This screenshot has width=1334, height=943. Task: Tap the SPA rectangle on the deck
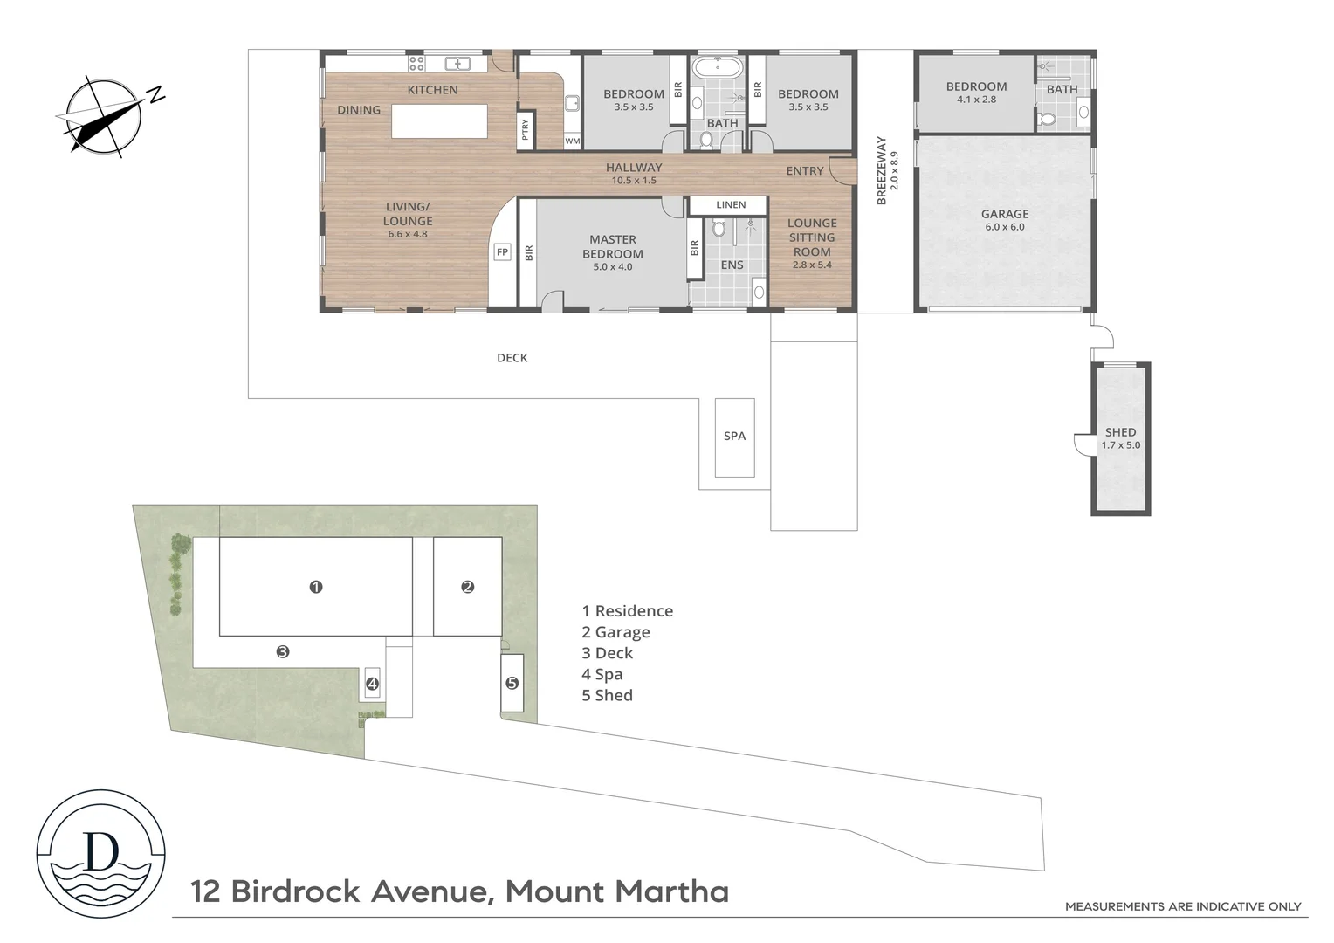[x=734, y=437]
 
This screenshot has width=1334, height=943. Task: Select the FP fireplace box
[x=502, y=252]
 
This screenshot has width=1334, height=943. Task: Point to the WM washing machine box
[x=572, y=141]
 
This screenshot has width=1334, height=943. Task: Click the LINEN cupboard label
[x=731, y=205]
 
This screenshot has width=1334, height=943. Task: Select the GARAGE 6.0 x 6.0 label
[x=1004, y=219]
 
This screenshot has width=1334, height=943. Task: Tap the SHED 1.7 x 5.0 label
[x=1120, y=438]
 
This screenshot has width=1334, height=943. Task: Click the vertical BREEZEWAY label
[x=882, y=171]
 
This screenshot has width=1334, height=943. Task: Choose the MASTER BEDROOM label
[x=613, y=247]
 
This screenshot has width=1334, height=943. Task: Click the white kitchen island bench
[x=439, y=120]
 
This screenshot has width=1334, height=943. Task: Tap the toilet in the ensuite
[x=719, y=229]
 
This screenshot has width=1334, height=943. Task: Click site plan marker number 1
[x=316, y=587]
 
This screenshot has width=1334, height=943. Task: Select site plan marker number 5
[x=512, y=683]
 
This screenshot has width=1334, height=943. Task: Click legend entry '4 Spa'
[x=602, y=674]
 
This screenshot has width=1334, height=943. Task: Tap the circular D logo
[x=100, y=853]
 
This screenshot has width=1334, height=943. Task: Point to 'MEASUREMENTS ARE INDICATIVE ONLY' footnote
[x=1182, y=906]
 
